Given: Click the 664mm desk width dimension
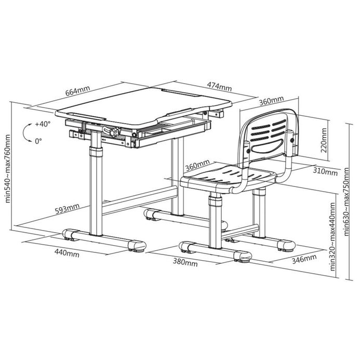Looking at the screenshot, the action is point(77,91).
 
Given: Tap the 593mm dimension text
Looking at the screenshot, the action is point(67,208).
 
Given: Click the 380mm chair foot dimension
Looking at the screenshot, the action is point(185,262).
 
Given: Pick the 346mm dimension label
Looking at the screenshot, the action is point(304,259).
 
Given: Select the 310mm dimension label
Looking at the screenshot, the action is point(325,171).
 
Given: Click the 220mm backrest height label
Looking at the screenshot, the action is point(324,140).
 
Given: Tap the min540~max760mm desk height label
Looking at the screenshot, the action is point(7,169).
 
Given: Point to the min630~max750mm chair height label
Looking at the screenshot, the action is point(346,201).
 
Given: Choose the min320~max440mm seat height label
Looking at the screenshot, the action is point(332,237).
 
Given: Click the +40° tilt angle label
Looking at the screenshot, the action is point(43,124).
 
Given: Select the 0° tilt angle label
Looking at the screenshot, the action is point(38,141).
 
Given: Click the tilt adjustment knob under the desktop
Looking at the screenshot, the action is point(114,132).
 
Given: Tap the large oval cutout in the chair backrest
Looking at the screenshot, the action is point(267,146).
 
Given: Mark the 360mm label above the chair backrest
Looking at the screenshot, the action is point(271,101).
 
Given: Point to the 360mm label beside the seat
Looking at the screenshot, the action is point(197,165).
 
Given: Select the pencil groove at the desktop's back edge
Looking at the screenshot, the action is point(178,92).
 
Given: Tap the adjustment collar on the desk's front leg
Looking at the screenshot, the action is point(96,152).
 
